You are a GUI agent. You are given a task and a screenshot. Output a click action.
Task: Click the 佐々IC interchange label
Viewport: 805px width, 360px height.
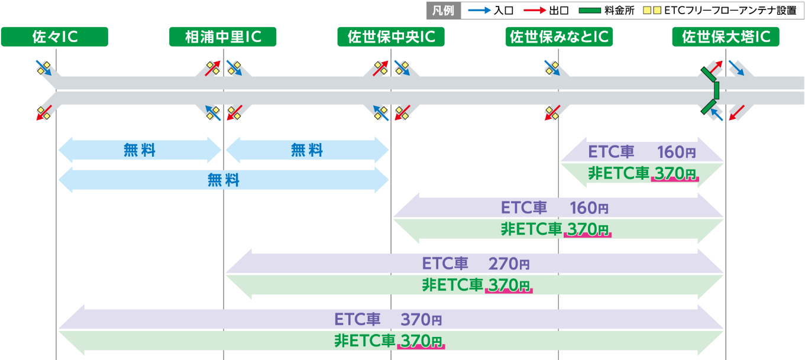click(54, 37)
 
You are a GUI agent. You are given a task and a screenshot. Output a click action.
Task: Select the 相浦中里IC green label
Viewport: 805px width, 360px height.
click(222, 37)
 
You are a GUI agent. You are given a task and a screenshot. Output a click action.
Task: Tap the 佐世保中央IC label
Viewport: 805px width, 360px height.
click(390, 37)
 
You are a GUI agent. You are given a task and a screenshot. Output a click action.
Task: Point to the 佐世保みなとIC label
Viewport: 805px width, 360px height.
click(558, 37)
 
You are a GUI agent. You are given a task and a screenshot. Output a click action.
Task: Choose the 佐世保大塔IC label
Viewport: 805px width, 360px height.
click(726, 37)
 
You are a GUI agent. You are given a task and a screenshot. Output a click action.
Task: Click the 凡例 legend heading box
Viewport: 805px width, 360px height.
click(443, 11)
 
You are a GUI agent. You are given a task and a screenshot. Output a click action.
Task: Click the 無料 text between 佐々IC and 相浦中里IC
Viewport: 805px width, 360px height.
click(140, 151)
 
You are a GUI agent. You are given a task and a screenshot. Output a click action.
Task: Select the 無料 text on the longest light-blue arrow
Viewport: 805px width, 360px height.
click(224, 180)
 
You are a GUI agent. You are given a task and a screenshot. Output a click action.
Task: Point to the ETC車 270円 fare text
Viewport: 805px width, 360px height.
click(476, 263)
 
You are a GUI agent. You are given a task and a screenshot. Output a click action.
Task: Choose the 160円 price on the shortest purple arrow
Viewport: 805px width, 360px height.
click(677, 153)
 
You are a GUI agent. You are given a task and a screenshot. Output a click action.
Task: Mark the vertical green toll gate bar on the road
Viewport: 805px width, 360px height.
click(716, 90)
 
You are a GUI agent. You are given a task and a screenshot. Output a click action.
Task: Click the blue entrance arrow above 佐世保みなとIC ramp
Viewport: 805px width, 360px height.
click(552, 67)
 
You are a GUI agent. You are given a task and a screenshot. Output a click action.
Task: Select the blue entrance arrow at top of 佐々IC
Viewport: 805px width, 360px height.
click(43, 67)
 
